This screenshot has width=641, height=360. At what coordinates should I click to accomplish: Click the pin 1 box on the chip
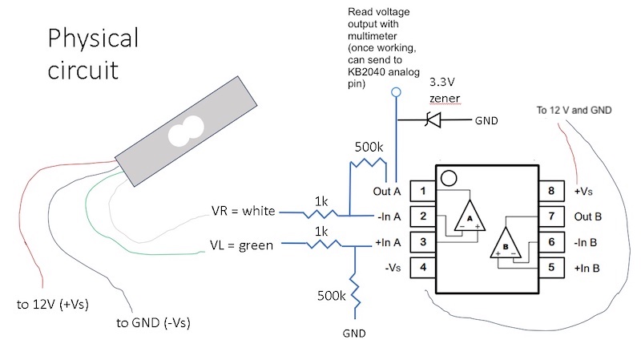(422, 191)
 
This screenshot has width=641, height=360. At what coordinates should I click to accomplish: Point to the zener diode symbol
(433, 121)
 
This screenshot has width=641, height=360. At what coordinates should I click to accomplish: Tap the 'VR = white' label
(244, 212)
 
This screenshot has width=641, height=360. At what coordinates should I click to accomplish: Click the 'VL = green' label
(242, 245)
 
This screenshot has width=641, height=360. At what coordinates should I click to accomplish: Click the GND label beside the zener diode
(486, 121)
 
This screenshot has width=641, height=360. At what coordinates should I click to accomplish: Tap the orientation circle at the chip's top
(450, 178)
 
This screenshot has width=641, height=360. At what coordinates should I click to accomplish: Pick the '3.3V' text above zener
(444, 83)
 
